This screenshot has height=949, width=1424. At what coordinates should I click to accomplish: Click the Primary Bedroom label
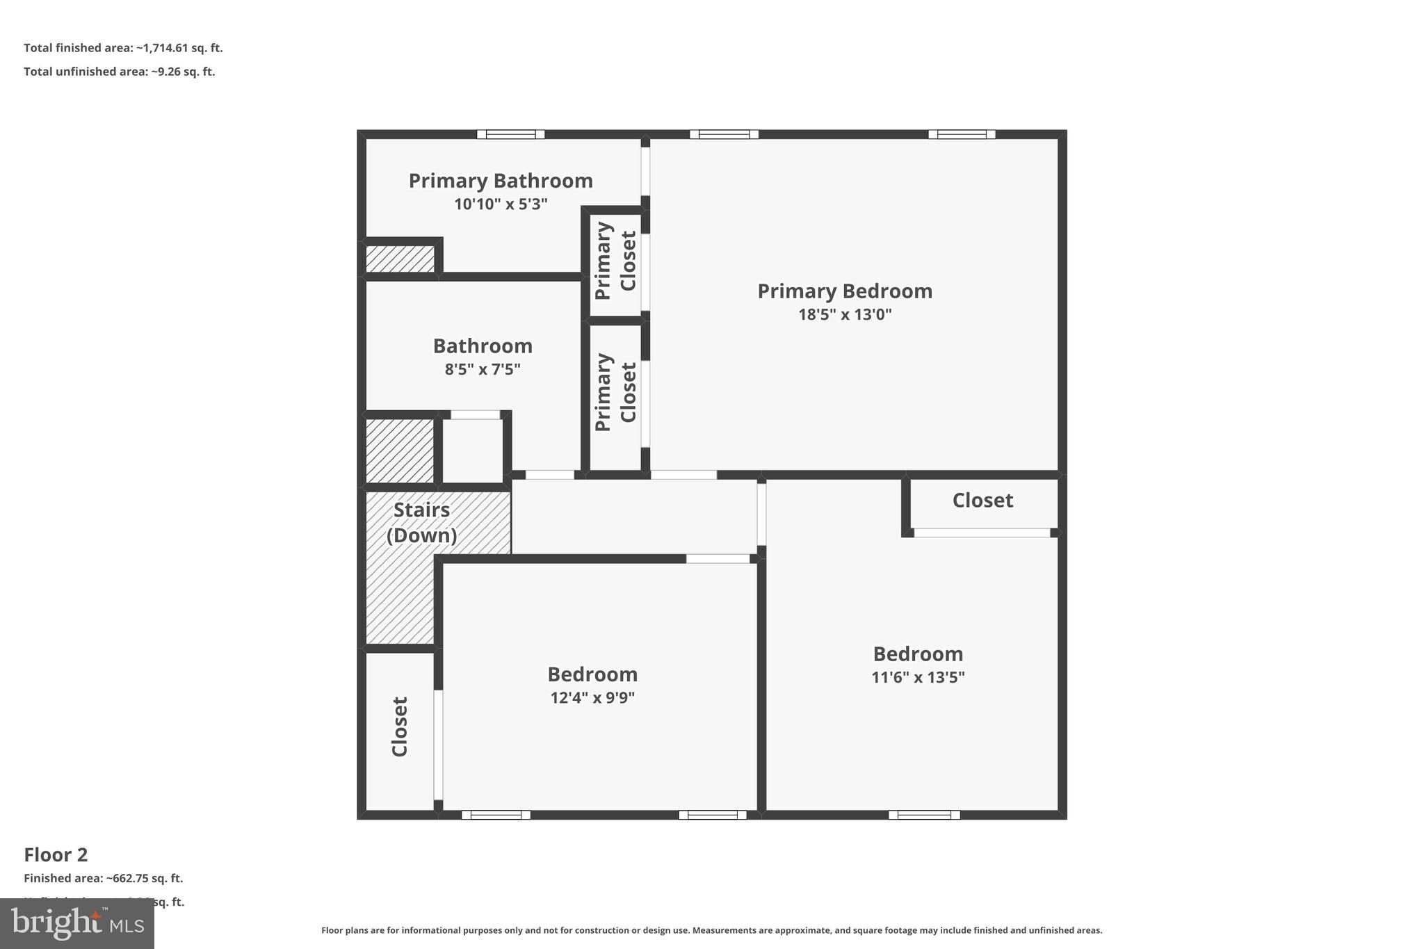point(844,291)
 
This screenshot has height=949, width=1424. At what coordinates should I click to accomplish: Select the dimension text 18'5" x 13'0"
point(844,314)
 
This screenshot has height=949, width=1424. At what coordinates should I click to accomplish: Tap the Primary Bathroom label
point(501,181)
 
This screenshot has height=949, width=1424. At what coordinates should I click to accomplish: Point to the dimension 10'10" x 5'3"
point(501,204)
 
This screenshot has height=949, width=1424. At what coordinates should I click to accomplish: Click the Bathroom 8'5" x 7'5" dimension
point(483,369)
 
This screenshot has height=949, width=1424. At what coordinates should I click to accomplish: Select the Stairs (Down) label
point(421,522)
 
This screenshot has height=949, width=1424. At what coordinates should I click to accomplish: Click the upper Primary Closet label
point(615,261)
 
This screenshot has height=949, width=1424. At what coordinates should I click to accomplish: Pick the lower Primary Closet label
point(615,393)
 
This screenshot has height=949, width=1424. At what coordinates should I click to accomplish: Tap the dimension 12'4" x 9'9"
point(592,697)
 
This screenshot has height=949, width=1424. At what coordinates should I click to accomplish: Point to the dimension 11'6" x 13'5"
point(918,677)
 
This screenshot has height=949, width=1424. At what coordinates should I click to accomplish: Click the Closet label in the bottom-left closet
point(400,727)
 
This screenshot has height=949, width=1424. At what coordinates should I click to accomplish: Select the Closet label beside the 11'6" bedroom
point(982,501)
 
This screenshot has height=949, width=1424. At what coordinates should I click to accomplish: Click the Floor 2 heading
point(56,854)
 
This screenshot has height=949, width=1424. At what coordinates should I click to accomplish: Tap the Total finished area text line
point(123,48)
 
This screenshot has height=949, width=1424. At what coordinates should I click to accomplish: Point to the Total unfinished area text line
point(119,72)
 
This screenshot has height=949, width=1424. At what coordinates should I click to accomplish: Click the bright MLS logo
point(76,923)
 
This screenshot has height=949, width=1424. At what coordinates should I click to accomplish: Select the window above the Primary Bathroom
point(510,134)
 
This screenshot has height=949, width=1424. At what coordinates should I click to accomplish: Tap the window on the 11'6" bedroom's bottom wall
point(923,815)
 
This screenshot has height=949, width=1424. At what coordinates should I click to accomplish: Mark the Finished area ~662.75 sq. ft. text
point(103,878)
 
